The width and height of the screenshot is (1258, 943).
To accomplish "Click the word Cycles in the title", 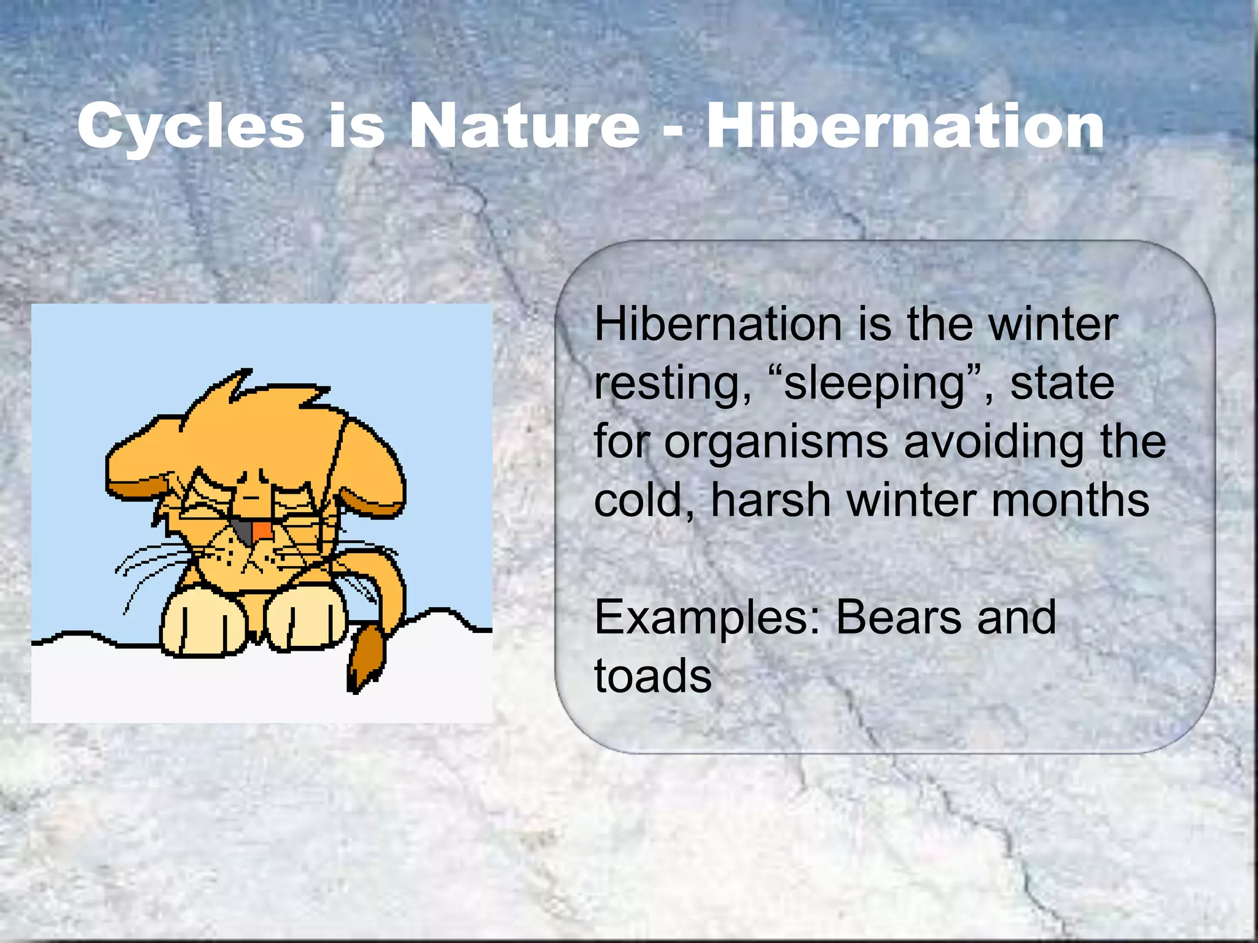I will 190,127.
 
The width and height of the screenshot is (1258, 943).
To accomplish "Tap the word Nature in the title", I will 525,126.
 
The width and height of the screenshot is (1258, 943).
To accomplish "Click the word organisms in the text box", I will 776,442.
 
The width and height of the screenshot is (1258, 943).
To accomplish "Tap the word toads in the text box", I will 652,675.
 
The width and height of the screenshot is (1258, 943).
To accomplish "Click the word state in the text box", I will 1062,384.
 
